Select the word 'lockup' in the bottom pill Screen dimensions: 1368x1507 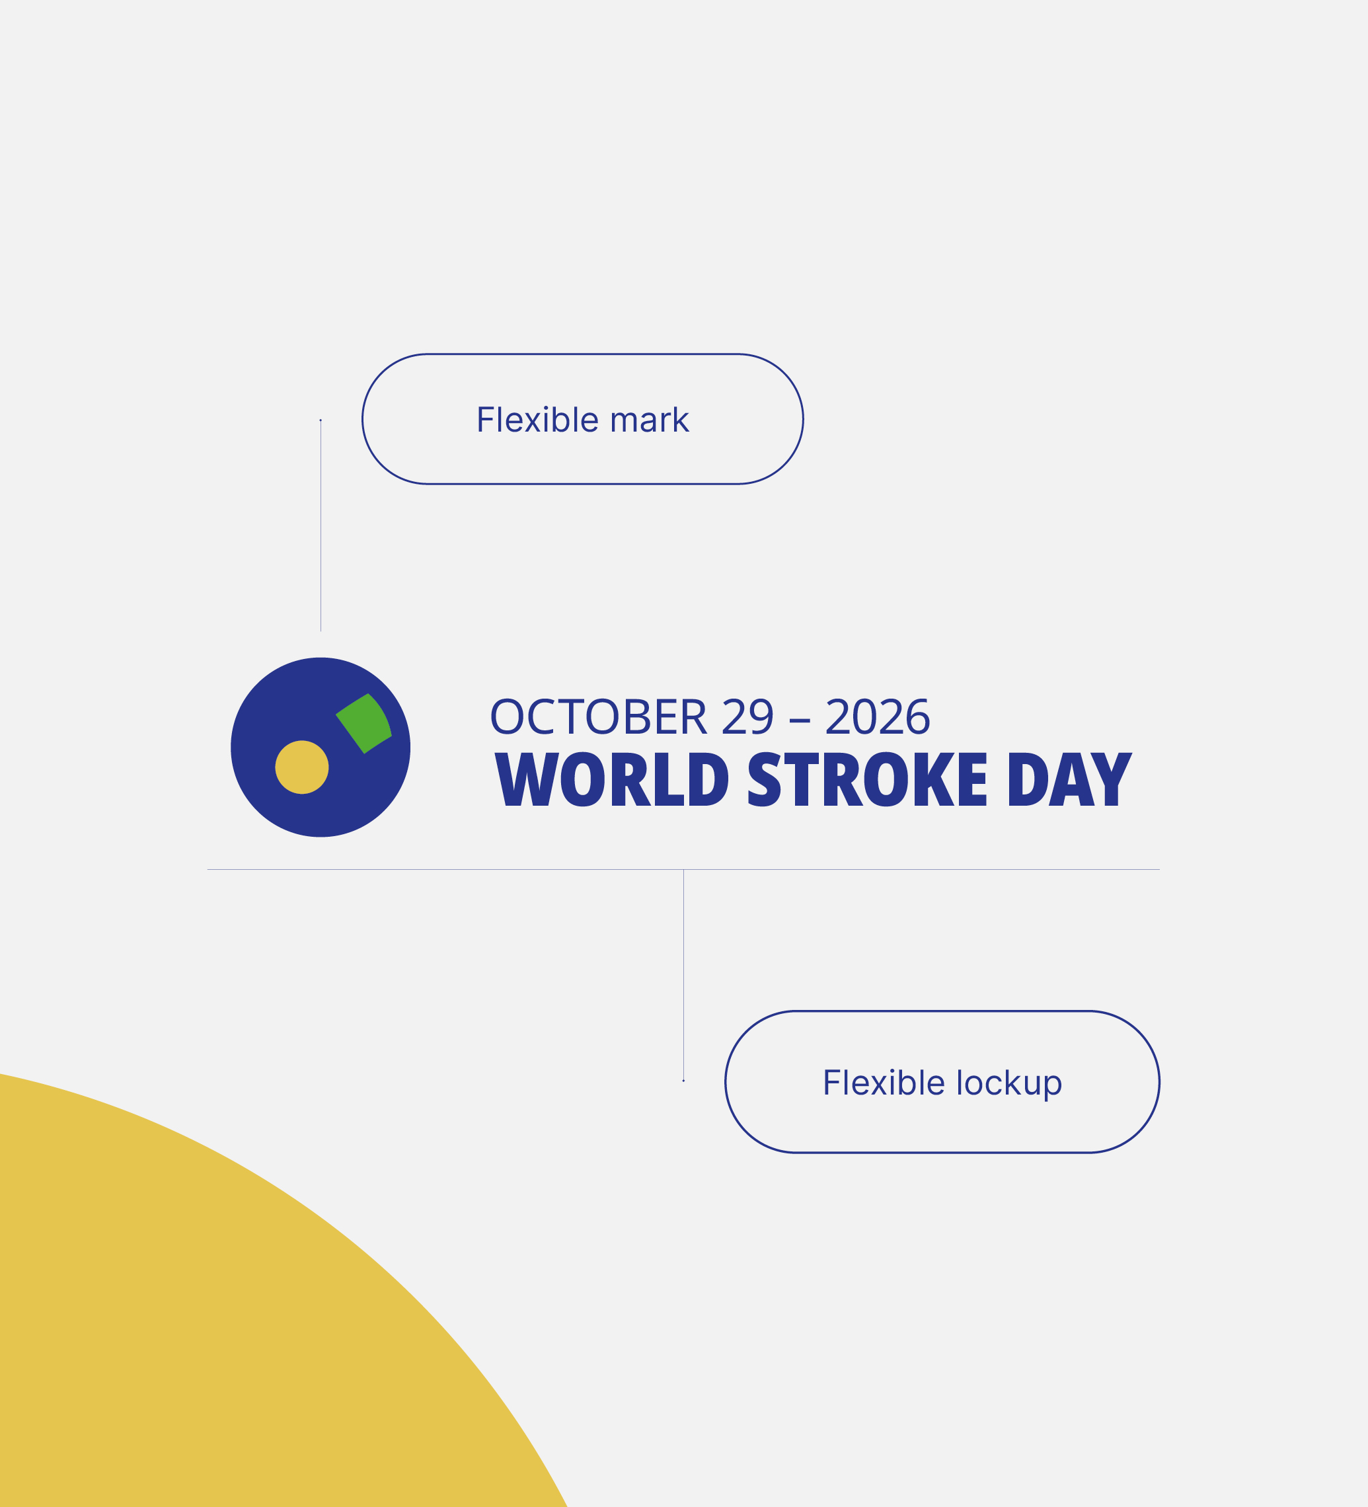1009,1083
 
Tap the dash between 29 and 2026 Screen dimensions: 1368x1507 799,721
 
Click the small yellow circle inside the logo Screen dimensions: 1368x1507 302,767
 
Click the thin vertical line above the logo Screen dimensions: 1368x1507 321,525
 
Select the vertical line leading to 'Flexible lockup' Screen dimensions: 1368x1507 683,976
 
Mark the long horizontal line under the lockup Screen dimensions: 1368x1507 683,869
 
